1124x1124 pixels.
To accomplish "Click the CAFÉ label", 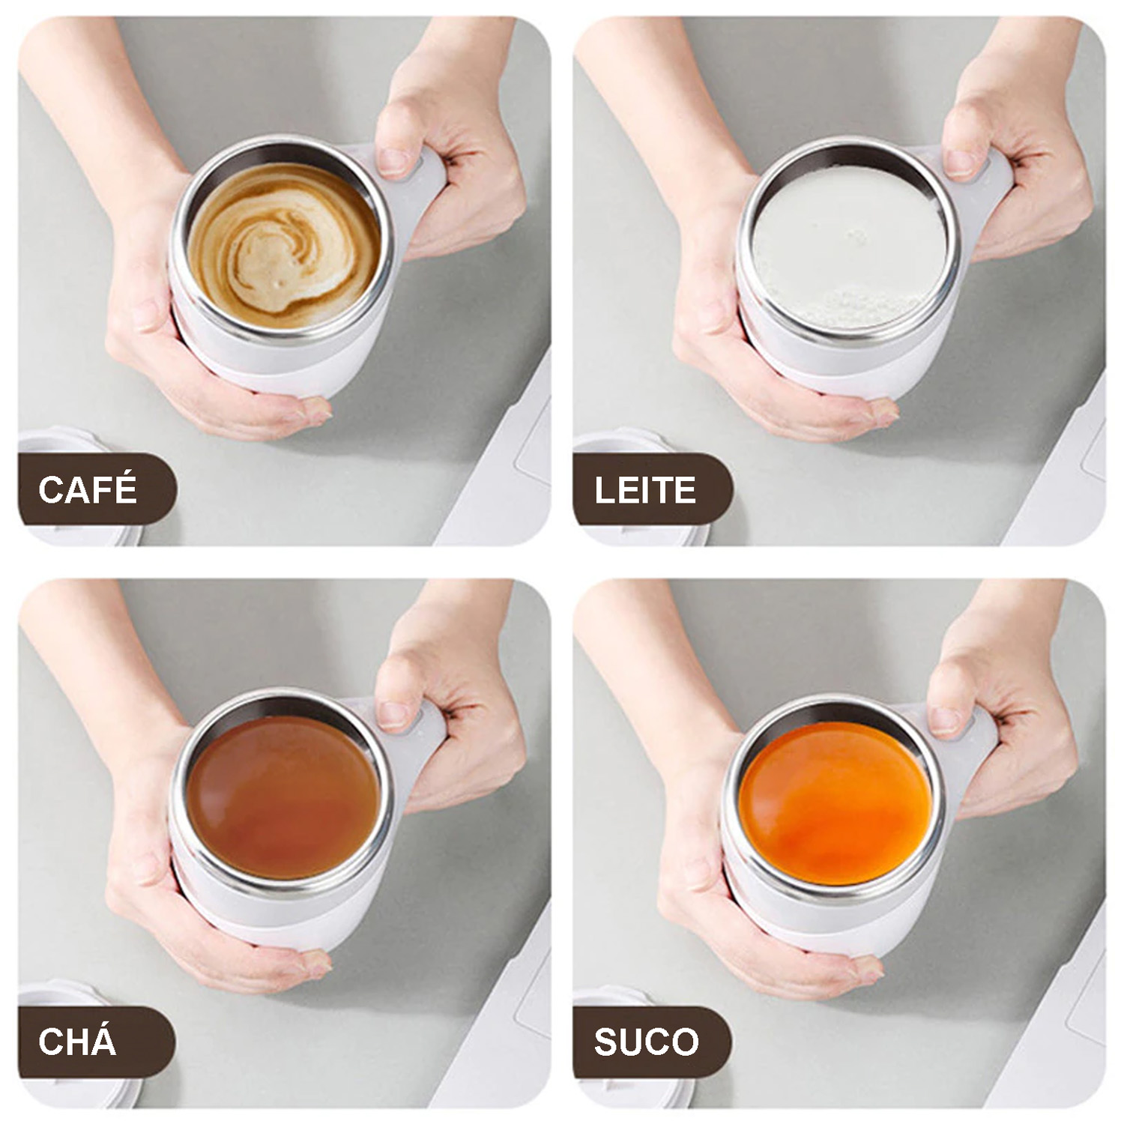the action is click(88, 489).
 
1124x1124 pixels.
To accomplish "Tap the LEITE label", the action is click(645, 491).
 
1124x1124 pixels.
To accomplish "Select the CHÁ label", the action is click(77, 1042).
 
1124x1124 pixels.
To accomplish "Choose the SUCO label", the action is click(646, 1042).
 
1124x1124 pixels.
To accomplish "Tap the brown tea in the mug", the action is click(283, 797).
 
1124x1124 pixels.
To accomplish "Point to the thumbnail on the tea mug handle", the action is click(393, 715).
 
